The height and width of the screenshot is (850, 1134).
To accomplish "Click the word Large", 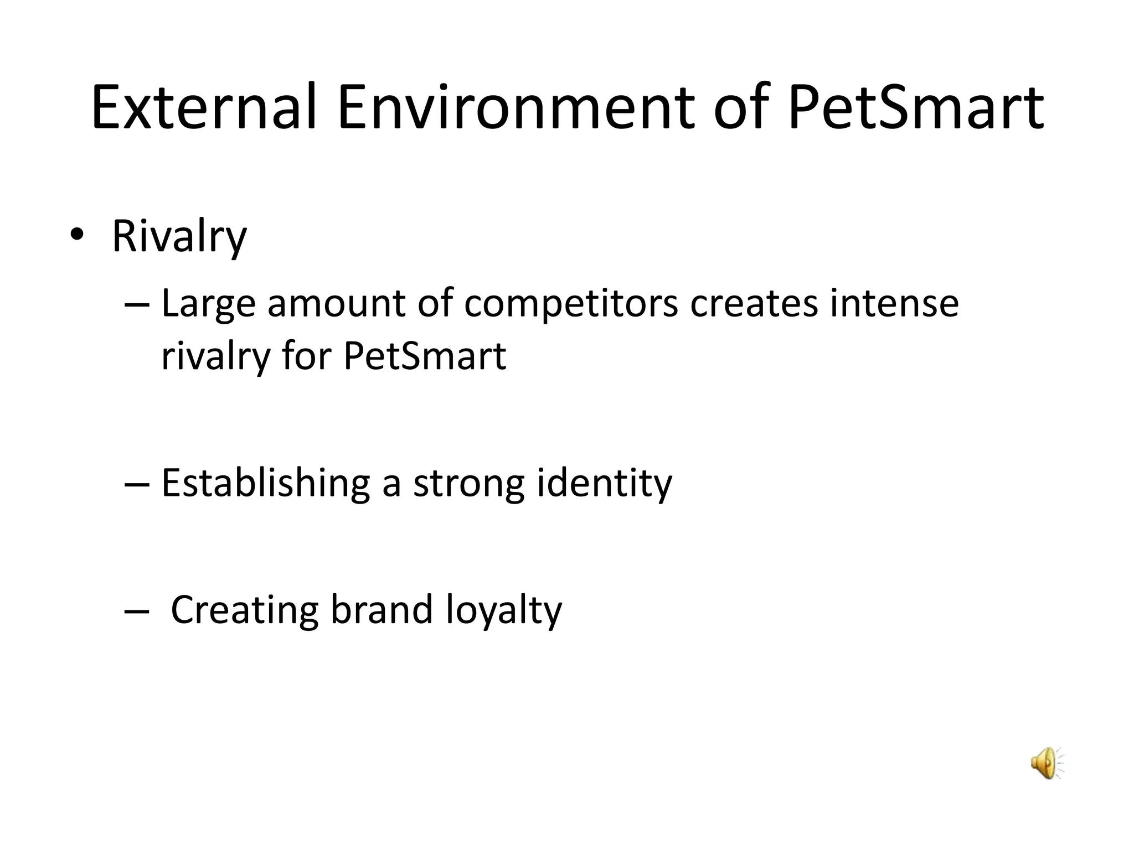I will pos(208,305).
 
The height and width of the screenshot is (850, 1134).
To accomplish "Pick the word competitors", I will pos(570,305).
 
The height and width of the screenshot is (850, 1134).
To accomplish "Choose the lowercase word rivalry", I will pos(215,357).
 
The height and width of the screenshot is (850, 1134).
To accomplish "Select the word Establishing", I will pos(265,483).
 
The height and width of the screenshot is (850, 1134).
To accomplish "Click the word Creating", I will pos(244,610).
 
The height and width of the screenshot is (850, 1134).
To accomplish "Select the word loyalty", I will pos(503,610).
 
